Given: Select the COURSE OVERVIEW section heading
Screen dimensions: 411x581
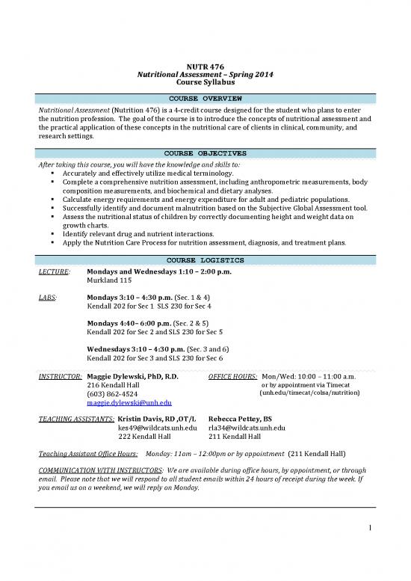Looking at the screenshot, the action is click(x=205, y=99).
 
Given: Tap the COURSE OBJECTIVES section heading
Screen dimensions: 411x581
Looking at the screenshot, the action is click(x=205, y=153).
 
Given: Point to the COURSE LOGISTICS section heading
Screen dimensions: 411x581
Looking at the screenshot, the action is click(x=205, y=259).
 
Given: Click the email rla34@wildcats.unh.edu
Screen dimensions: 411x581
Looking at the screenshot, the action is click(x=247, y=428).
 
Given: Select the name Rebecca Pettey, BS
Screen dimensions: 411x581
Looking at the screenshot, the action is click(x=240, y=419).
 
